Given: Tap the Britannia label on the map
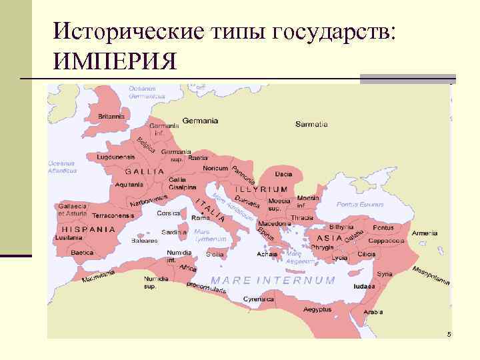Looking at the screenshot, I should pos(111,116).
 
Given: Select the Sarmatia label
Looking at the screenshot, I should pos(311,124).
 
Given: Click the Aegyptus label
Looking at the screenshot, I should pos(317,310).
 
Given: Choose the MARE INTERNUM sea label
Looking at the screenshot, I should pos(273,280).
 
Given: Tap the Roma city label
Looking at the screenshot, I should pos(201,218).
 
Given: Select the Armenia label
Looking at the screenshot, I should pos(425,233).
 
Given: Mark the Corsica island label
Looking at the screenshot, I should pos(168,213).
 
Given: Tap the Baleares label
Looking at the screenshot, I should pos(145,240).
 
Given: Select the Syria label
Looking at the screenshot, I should pos(384,274).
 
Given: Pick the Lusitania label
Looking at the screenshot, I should pos(69,237).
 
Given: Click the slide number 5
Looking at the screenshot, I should pos(449,333).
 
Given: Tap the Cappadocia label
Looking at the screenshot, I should pos(387,240).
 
